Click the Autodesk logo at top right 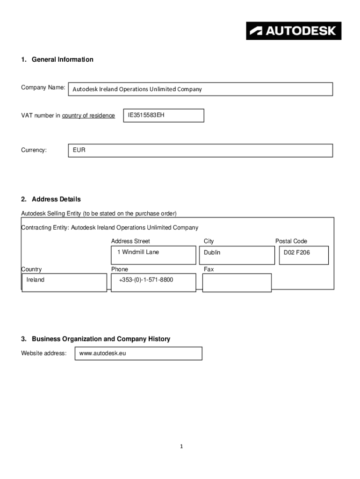(294, 31)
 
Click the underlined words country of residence (88, 116)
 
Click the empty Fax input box (237, 283)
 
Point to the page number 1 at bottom (181, 447)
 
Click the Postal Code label (291, 241)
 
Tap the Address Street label (130, 241)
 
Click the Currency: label (34, 150)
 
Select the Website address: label (43, 353)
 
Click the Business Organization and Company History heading (101, 339)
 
